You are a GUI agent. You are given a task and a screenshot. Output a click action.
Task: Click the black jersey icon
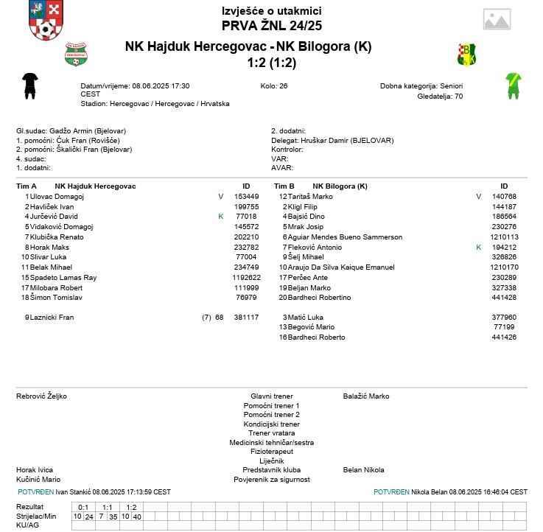(29, 85)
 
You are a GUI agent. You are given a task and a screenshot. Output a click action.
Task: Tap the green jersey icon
(513, 85)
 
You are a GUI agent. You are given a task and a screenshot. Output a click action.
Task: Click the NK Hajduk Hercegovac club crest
(76, 54)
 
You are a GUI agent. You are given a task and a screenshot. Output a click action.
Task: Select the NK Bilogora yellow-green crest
(467, 54)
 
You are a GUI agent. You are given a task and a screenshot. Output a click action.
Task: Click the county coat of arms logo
(45, 21)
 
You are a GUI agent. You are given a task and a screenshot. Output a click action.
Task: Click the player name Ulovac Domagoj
(57, 197)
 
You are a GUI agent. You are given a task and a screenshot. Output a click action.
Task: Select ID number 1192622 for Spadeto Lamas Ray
(246, 277)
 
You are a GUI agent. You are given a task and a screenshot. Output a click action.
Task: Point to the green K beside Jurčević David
(220, 217)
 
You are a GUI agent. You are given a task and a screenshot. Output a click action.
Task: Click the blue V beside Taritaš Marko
(478, 197)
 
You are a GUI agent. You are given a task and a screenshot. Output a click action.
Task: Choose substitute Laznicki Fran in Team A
(52, 317)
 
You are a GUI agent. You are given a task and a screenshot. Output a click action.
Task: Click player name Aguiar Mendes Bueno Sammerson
(345, 237)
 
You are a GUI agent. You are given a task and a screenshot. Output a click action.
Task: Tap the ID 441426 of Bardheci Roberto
(504, 337)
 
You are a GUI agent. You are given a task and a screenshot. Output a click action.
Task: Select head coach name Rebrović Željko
(41, 396)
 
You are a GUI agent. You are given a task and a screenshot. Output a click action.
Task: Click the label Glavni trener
(271, 396)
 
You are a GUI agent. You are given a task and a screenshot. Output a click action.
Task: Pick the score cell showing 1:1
(107, 507)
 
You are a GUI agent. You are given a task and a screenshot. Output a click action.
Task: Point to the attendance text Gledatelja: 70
(440, 96)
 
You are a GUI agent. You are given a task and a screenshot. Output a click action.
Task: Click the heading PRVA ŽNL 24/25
(271, 25)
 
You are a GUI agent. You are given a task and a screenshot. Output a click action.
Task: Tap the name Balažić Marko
(366, 396)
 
